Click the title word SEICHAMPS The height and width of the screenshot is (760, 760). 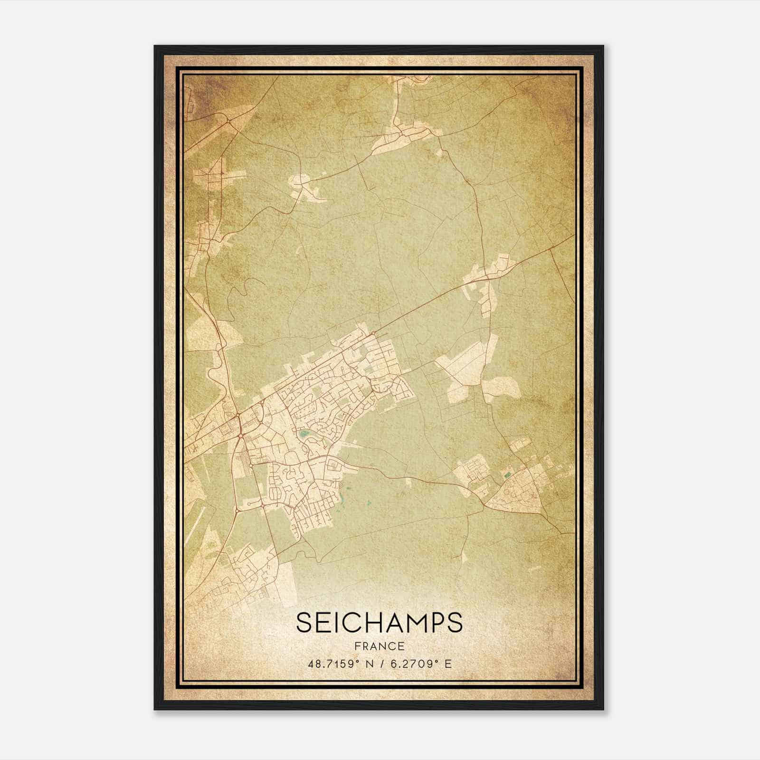point(379,622)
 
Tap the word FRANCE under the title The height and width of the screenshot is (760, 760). point(379,646)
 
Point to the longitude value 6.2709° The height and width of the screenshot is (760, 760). point(415,664)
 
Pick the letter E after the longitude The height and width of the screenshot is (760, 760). point(448,664)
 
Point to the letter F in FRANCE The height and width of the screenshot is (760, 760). point(357,646)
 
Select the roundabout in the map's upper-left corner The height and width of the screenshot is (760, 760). point(229,122)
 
